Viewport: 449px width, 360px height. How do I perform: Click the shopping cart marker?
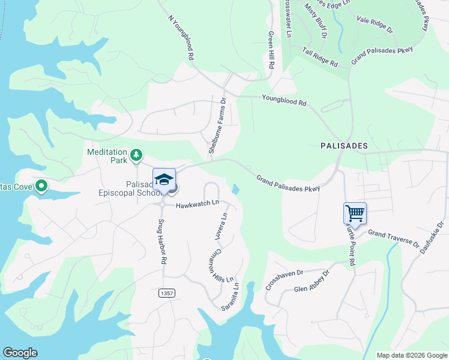point(355,214)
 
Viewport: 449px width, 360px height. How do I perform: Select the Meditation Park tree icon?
point(137,156)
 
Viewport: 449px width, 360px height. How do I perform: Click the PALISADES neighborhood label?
point(344,146)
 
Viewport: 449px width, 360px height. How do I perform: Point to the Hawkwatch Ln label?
point(197,206)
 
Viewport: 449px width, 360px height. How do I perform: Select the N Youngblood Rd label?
point(181,37)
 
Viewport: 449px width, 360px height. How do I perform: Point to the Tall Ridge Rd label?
point(320,58)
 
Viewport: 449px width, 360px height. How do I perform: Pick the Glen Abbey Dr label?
point(312,284)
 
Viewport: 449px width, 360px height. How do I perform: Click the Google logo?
point(20,353)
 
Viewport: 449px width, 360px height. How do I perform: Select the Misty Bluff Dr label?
point(315,21)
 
